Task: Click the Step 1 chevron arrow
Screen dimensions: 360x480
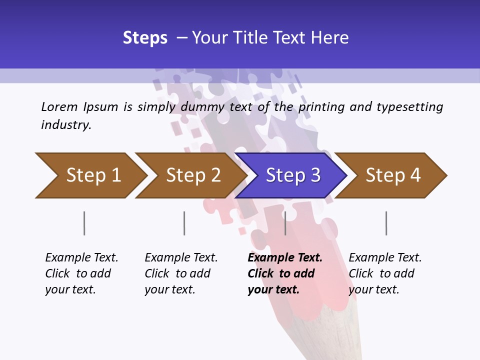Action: (92, 175)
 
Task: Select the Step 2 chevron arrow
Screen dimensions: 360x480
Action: (192, 175)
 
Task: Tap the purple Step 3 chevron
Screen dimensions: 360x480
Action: (292, 175)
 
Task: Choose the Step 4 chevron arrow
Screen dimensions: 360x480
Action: (392, 175)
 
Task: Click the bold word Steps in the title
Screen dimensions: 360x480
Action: (145, 38)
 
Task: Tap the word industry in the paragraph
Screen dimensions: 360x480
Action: (66, 125)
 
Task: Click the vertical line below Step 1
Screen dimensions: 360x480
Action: (84, 223)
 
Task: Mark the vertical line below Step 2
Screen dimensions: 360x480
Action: (184, 223)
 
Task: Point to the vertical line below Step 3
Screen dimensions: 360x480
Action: (285, 223)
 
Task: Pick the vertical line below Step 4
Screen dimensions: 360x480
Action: (386, 223)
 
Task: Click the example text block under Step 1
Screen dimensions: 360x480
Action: (81, 273)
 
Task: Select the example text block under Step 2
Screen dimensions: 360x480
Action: (181, 273)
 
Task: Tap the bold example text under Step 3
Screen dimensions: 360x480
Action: (285, 273)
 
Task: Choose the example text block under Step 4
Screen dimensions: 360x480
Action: (385, 273)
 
